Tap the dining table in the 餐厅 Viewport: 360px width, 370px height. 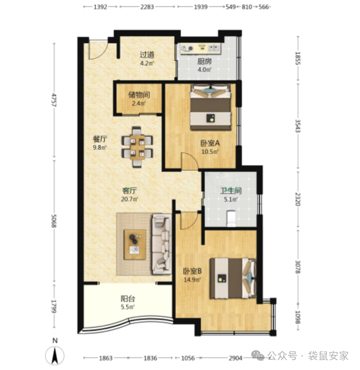point(137,147)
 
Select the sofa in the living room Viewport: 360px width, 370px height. point(161,244)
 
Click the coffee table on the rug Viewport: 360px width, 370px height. point(134,244)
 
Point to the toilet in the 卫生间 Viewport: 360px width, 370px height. point(231,218)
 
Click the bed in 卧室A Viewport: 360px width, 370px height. point(210,107)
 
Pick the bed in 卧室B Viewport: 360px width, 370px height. point(233,279)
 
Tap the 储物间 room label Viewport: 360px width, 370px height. point(139,95)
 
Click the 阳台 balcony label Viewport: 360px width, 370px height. point(128,299)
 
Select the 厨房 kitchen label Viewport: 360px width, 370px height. point(204,61)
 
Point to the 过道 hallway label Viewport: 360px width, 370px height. point(147,55)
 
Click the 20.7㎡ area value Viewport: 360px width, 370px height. point(130,199)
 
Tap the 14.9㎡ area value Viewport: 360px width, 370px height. point(192,280)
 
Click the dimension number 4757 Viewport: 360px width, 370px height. point(54,100)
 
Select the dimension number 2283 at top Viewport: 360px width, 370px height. point(147,7)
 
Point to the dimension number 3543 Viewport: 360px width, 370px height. point(298,126)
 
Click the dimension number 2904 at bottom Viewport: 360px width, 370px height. point(235,358)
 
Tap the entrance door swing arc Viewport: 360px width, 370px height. point(102,54)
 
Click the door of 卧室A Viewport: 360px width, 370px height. point(190,161)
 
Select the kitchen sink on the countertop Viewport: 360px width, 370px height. point(214,48)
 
